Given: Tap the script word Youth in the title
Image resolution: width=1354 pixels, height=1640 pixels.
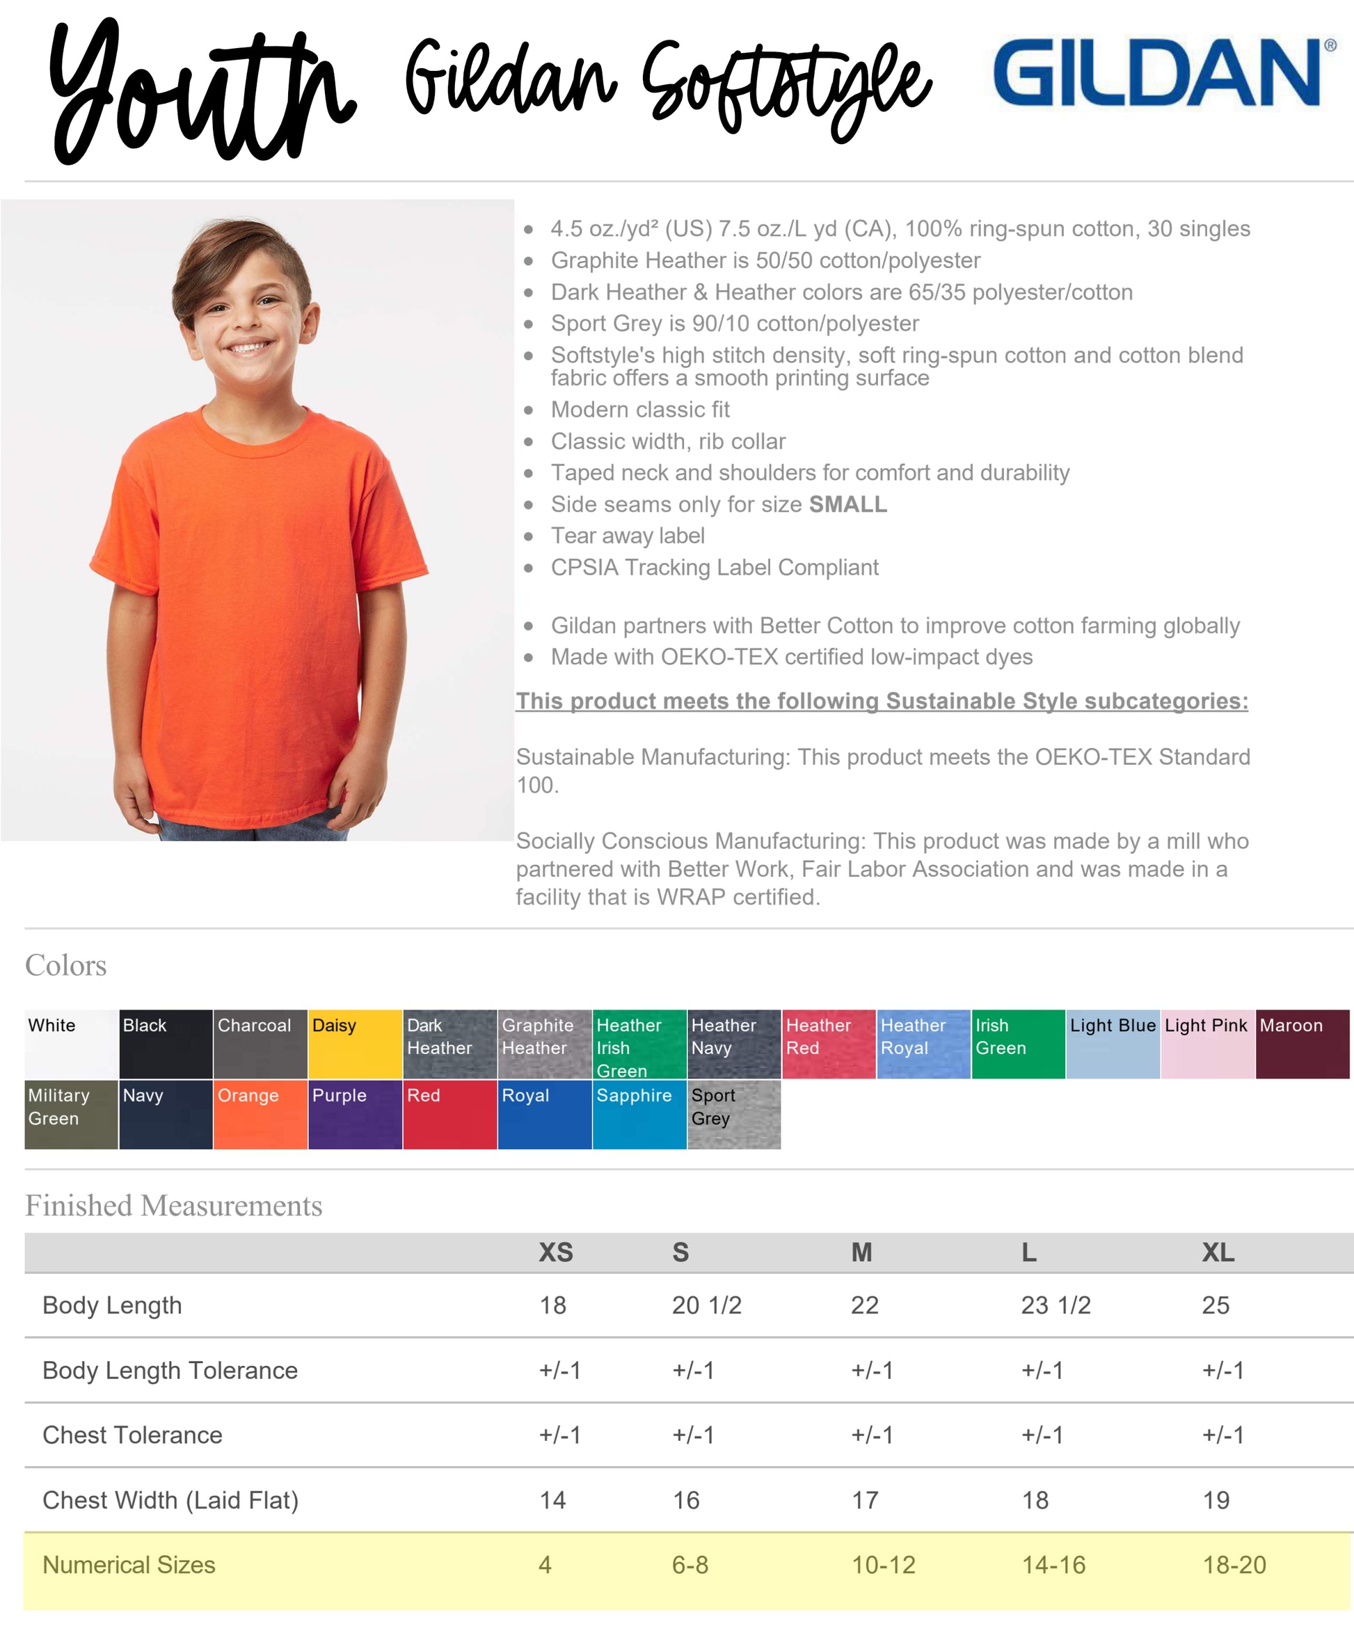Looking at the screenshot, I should pos(199,93).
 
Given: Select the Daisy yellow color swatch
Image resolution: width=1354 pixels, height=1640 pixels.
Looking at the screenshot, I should pos(355,1044).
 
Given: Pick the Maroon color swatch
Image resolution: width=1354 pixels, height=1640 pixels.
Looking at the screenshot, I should pos(1302,1044).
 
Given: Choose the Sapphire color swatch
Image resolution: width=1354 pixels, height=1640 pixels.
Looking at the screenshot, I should pos(639,1113).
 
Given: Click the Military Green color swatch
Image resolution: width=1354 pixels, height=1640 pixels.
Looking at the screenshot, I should pos(71,1113).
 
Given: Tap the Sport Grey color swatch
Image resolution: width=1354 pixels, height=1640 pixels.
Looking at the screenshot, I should pos(733,1113).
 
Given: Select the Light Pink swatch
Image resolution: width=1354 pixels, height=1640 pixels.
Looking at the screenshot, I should pos(1206,1044).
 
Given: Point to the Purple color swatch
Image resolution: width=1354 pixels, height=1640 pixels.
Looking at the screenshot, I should pos(355,1113).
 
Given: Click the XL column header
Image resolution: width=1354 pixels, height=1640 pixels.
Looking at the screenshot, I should pos(1218,1252).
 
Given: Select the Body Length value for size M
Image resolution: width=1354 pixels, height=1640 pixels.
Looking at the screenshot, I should pos(864,1305).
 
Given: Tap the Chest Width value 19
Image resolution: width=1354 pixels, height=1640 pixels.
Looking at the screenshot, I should pos(1215,1499).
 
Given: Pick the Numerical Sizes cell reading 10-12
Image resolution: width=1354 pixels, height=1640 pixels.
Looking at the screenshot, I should pos(883,1564).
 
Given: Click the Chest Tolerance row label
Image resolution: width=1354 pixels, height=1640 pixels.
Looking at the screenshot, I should pos(133,1435).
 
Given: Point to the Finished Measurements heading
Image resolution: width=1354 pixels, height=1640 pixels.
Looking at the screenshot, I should pos(173,1206).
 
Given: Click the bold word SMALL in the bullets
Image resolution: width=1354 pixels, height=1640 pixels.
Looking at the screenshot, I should pos(847,504).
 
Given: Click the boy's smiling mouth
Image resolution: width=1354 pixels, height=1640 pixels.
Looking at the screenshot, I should pos(247,347).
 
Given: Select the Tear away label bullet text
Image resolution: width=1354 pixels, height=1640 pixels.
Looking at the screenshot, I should pos(627,536).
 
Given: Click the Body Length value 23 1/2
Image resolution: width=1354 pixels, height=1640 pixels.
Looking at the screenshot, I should pos(1056,1305).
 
